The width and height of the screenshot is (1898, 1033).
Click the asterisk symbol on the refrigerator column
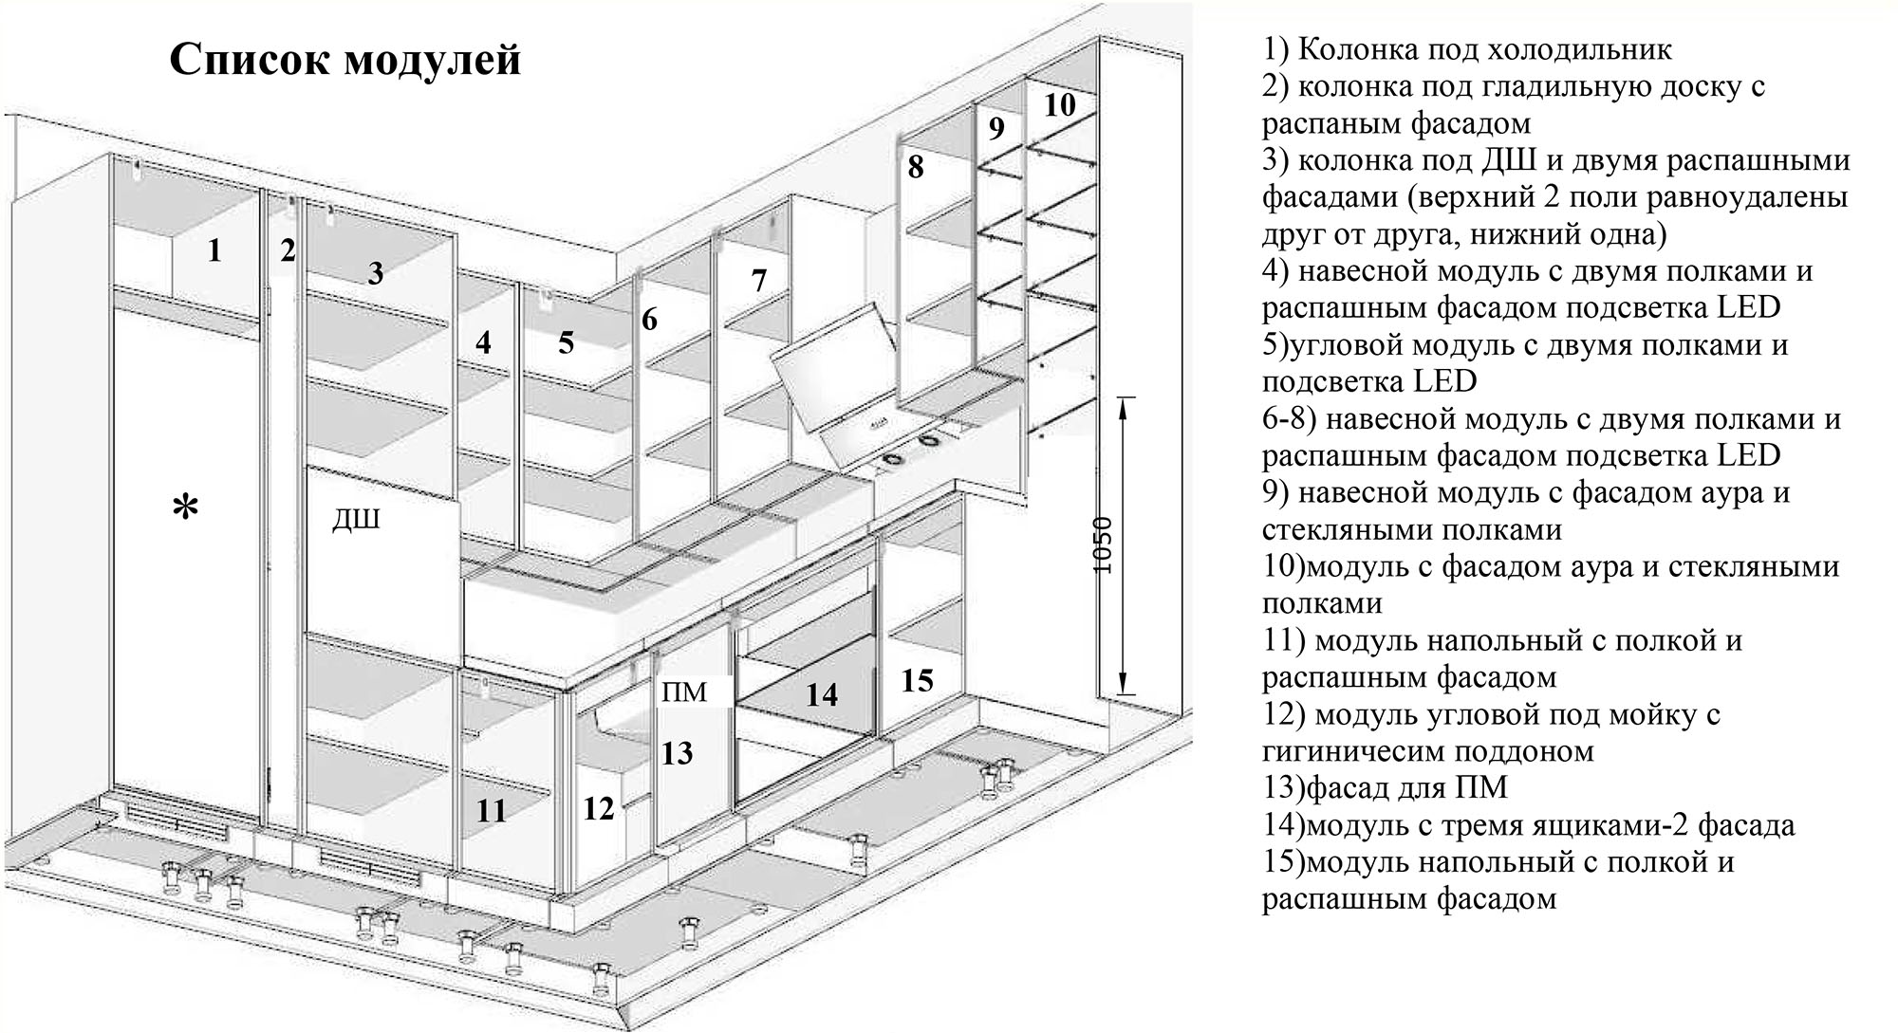pos(186,508)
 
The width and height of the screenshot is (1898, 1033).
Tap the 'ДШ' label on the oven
pos(356,520)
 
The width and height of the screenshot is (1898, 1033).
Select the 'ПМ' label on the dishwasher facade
pos(684,692)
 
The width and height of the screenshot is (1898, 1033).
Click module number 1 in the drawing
pos(214,250)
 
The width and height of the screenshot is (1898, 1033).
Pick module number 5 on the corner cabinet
pos(566,342)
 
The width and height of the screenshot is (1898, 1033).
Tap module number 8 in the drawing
pos(915,167)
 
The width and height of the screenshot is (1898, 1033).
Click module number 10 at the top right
pos(1060,104)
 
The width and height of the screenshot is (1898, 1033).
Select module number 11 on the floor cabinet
pos(491,811)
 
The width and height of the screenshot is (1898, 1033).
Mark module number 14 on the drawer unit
pos(822,695)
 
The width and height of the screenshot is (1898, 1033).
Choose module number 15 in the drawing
pos(917,680)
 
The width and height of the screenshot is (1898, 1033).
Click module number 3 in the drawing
pos(376,273)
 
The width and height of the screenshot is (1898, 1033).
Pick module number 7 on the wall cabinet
pos(758,281)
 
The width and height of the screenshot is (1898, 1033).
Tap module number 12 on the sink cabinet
pos(599,808)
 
